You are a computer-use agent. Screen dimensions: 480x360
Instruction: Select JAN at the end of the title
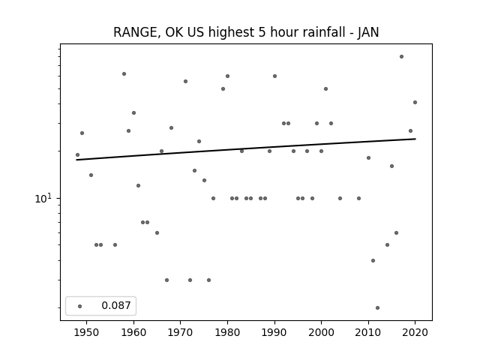tap(368, 32)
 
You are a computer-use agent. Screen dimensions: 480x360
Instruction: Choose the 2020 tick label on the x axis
tap(415, 332)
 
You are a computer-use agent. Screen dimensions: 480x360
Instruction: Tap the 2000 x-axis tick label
tap(321, 332)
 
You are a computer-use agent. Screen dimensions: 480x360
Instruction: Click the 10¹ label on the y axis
tap(43, 198)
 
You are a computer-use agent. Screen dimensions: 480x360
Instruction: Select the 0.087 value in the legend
tap(116, 305)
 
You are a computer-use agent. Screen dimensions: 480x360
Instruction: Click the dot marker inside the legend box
tap(80, 306)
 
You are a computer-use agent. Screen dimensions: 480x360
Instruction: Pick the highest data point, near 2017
tap(401, 57)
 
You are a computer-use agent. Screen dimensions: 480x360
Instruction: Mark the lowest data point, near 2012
tap(377, 307)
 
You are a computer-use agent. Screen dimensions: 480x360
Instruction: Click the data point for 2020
tap(415, 102)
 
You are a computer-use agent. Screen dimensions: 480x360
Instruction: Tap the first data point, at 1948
tap(77, 155)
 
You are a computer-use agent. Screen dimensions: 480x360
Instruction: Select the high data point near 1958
tap(124, 73)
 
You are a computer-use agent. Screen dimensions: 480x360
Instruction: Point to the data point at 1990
tap(274, 76)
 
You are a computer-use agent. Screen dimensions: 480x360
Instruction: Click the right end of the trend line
tap(415, 139)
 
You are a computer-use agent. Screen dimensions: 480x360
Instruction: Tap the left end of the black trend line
tap(76, 160)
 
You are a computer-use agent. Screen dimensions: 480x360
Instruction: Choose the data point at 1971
tap(185, 81)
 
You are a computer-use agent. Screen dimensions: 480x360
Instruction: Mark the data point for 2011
tap(373, 260)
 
